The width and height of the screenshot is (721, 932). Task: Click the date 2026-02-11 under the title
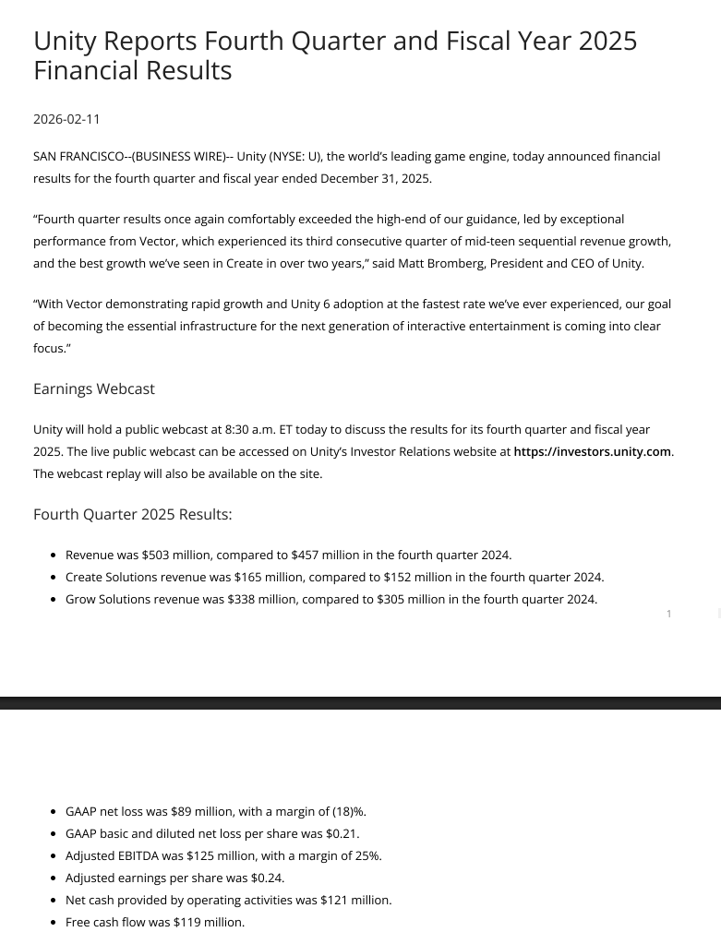point(66,119)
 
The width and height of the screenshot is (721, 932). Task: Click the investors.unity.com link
point(592,452)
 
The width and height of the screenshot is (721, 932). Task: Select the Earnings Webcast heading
point(93,389)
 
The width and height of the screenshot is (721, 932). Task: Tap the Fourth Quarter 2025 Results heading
point(132,515)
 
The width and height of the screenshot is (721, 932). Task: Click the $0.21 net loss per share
point(342,834)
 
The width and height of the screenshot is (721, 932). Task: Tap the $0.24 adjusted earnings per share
point(267,878)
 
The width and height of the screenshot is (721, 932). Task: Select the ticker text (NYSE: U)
point(294,157)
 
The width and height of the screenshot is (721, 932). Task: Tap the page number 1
point(669,614)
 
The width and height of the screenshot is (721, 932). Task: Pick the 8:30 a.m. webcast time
point(250,430)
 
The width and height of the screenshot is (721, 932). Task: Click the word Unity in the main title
point(65,42)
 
